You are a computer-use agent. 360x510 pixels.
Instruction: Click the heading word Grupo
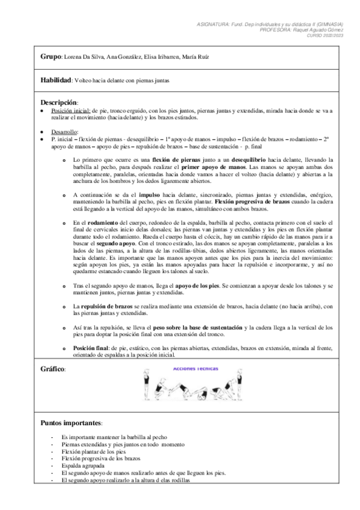(50, 57)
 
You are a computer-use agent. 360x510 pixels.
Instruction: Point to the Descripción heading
(59, 102)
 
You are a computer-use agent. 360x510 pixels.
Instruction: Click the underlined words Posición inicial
(70, 111)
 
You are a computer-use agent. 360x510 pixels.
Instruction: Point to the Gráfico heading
(53, 368)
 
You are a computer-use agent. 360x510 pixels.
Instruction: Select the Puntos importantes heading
(72, 423)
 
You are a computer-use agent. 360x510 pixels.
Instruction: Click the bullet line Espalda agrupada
(83, 465)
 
